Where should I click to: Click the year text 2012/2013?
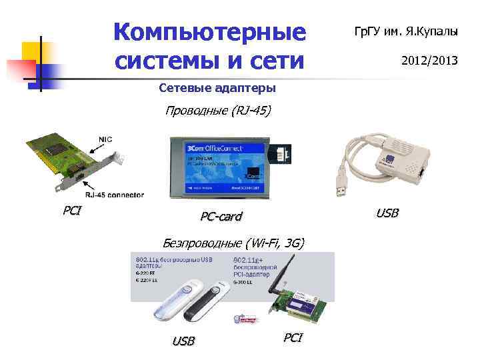click(429, 61)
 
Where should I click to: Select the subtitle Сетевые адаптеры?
click(217, 88)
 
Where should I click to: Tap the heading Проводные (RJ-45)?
click(218, 111)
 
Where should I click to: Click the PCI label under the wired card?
click(72, 211)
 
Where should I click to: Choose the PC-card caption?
click(221, 217)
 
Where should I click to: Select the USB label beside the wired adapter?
click(387, 213)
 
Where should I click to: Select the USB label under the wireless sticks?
click(183, 341)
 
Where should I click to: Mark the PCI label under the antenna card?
click(293, 337)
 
